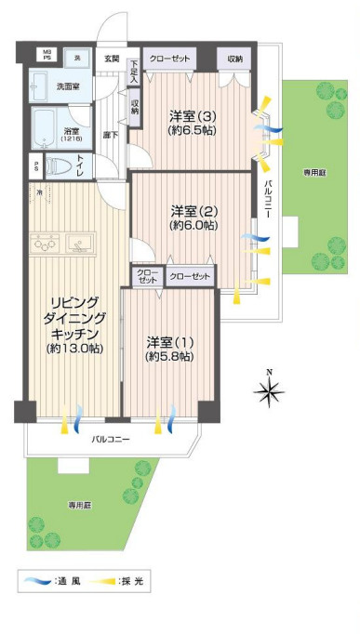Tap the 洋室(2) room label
(193, 218)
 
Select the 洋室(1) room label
(169, 349)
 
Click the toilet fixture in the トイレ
(59, 167)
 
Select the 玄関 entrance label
(112, 59)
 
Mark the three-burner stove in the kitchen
(44, 244)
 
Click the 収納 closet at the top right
(235, 59)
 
